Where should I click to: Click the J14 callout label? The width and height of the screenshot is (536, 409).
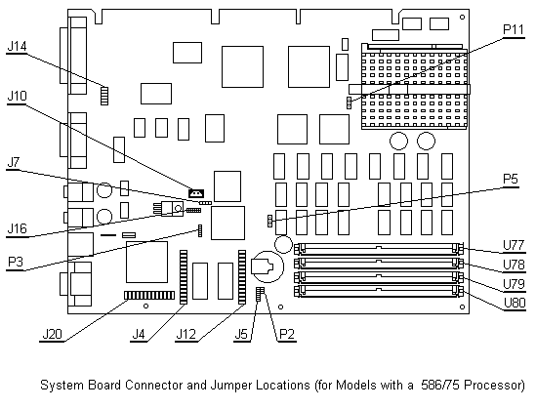coord(17,46)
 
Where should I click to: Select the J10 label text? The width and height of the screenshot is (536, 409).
coord(17,96)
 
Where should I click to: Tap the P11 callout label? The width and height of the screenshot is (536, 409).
coord(514,29)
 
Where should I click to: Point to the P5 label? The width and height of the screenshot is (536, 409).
coord(511,179)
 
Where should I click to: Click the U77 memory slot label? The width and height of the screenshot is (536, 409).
coord(514,245)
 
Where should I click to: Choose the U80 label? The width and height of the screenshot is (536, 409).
coord(515,303)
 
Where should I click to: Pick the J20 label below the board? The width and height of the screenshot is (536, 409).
coord(53,334)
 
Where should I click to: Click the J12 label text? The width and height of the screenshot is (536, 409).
coord(186,334)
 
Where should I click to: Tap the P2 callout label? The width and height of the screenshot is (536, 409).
coord(287,334)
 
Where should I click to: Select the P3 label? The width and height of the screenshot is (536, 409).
coord(16,263)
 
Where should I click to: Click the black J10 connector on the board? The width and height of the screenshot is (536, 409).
coord(196,193)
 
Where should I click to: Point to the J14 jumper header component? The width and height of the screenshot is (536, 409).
coord(104,96)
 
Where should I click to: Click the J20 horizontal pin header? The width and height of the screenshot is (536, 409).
coord(149,296)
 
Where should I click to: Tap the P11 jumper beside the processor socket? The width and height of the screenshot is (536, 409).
coord(349,102)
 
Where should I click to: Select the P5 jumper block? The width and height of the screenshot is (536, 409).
coord(269,221)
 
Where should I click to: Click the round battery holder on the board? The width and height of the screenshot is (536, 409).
coord(267,266)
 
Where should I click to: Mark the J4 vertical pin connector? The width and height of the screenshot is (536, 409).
coord(184,277)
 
